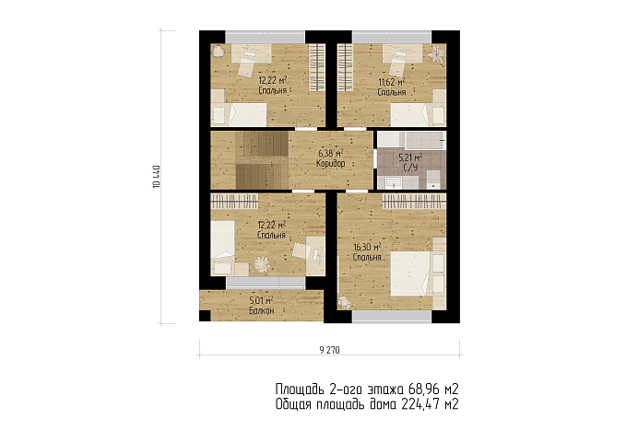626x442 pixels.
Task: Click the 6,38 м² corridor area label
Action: [x=331, y=153]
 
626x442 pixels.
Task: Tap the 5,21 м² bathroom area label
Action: [x=410, y=157]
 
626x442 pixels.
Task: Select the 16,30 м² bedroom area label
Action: [x=367, y=247]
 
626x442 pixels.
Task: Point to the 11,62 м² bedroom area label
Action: [x=392, y=83]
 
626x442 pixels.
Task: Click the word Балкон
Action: [x=262, y=310]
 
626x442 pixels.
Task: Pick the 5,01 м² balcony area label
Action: [x=261, y=300]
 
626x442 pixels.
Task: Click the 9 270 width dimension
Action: [x=329, y=350]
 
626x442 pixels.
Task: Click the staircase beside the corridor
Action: [x=262, y=160]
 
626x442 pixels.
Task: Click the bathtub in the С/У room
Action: [x=426, y=140]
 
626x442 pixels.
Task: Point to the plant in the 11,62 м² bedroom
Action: [x=437, y=53]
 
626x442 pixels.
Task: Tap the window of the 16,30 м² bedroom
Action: [x=392, y=317]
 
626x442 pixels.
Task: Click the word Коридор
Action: [x=331, y=164]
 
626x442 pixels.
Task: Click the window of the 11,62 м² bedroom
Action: [x=392, y=37]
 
